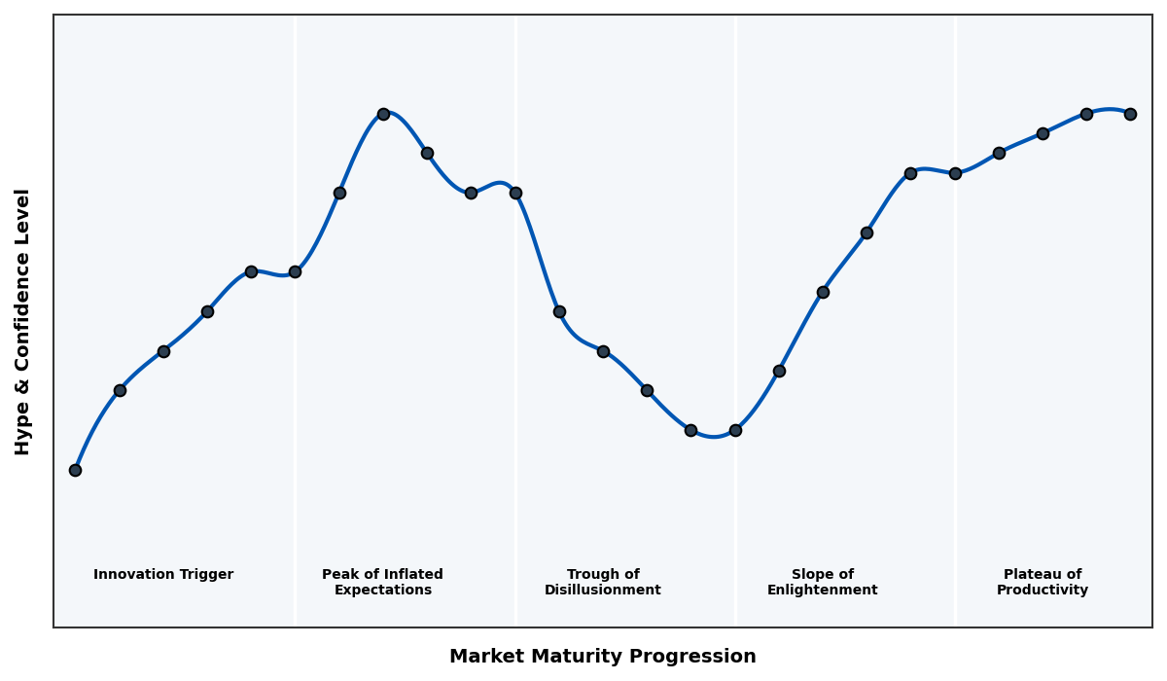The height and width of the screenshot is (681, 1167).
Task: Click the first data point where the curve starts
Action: pos(75,470)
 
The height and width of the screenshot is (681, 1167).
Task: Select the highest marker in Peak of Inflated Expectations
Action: pos(383,114)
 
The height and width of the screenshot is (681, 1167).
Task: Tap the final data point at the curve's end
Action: pos(1130,114)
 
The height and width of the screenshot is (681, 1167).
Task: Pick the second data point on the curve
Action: pos(120,390)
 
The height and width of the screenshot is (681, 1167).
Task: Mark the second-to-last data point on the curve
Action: pos(1086,114)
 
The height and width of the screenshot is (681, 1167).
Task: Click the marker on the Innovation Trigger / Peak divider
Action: pos(295,271)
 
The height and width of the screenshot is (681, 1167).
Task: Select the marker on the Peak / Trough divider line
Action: pos(515,193)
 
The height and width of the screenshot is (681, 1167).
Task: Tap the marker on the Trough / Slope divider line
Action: pos(735,430)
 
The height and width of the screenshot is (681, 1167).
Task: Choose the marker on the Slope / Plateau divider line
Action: pos(955,173)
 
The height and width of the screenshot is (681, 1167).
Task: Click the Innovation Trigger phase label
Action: pos(163,575)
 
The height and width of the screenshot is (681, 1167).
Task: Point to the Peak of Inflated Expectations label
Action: pos(383,582)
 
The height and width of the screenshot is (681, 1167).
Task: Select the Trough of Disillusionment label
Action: pos(603,582)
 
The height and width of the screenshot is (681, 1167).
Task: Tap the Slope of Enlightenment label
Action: pos(823,582)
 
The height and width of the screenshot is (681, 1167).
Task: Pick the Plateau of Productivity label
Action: pos(1043,582)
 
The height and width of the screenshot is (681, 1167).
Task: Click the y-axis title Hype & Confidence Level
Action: pos(23,321)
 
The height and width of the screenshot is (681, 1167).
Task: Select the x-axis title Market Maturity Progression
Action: pos(603,657)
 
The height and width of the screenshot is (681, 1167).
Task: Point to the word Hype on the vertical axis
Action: pos(23,432)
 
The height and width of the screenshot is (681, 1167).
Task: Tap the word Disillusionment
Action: pos(603,591)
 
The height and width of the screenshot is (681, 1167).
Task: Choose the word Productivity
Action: pos(1043,591)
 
